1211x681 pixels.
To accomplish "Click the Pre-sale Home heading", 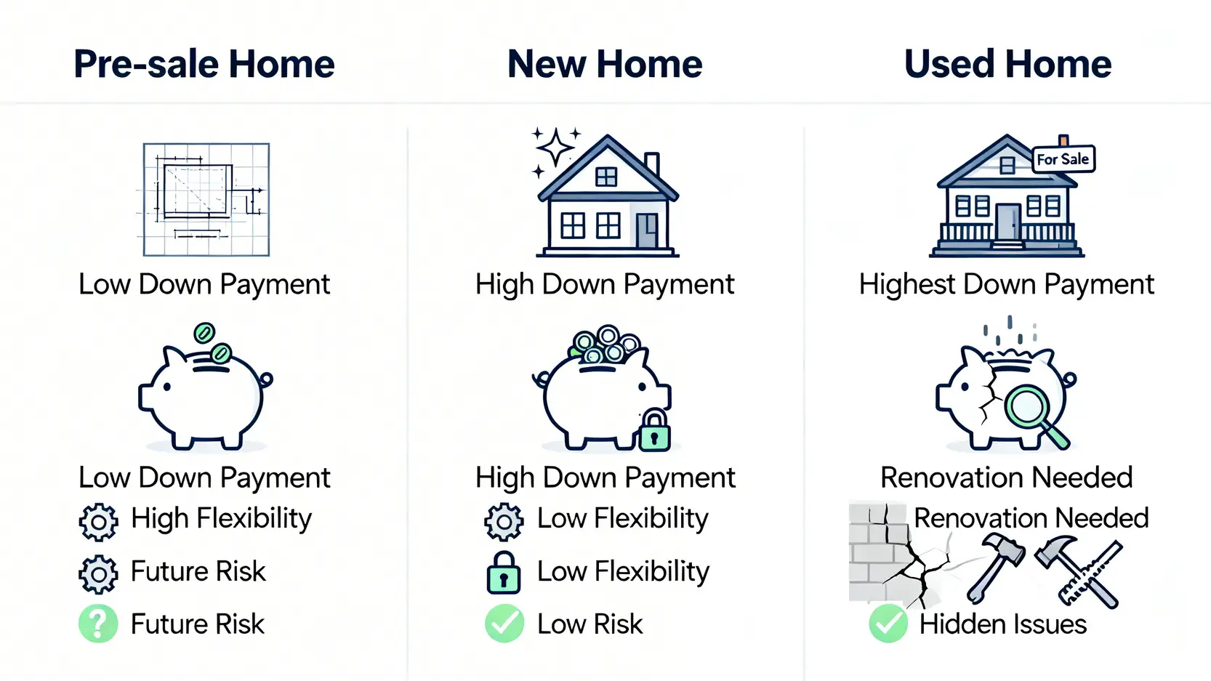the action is [204, 64].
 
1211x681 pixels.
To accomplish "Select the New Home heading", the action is [605, 64].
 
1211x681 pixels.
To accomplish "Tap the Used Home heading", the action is [1007, 64].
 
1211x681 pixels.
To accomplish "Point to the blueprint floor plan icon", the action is [206, 199].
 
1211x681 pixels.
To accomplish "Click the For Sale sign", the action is [1063, 158].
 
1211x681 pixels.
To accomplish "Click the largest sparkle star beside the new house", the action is [555, 147].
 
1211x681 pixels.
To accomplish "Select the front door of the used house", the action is [1007, 222].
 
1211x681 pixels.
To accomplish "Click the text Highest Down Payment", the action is [1007, 285].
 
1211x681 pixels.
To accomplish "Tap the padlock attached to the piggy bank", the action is [655, 430].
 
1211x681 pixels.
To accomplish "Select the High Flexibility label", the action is [221, 519].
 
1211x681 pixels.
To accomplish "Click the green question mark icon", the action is [98, 624].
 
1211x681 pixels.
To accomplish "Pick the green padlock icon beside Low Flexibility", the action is [503, 573].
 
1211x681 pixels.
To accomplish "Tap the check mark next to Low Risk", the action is [504, 623].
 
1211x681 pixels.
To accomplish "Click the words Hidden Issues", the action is [1003, 624].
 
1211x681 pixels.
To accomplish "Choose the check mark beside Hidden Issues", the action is [888, 623].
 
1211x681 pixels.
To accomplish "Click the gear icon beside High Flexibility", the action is [98, 522].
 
